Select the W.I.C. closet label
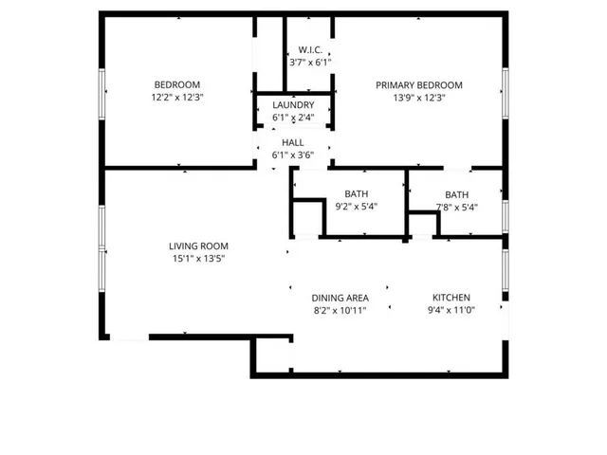click(x=309, y=49)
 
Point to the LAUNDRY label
click(x=293, y=105)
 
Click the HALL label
click(x=293, y=142)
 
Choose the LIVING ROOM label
click(x=198, y=246)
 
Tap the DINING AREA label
click(x=340, y=298)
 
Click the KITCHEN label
click(x=451, y=298)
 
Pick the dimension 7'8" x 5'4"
click(x=456, y=207)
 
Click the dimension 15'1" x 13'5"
click(x=198, y=258)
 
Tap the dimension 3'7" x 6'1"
click(x=309, y=62)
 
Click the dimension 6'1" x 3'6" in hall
click(x=293, y=155)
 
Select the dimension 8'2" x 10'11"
click(x=340, y=310)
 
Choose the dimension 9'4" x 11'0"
click(x=451, y=310)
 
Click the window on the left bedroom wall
click(x=101, y=92)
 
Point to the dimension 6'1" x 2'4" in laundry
click(x=293, y=118)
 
